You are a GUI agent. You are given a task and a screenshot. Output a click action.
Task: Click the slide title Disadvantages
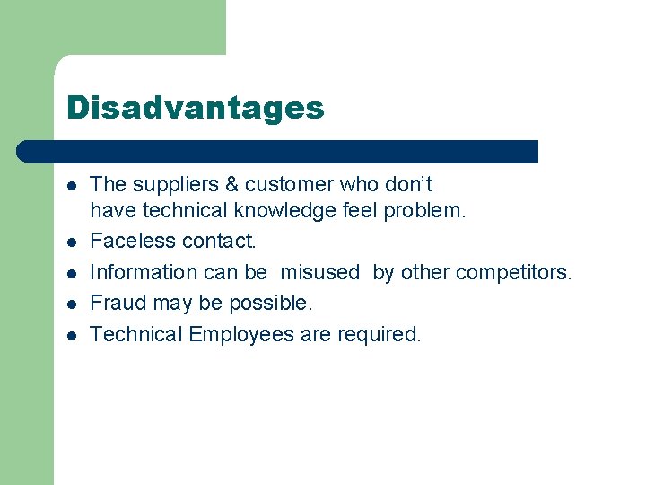(195, 109)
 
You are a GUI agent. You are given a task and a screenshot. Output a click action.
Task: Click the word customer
(289, 185)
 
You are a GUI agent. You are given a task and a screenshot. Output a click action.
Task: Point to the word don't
(409, 185)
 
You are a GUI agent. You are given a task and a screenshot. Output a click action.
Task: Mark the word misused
(319, 272)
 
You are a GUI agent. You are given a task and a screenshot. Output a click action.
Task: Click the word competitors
(516, 272)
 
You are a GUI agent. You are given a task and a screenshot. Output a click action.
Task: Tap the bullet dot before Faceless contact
(72, 242)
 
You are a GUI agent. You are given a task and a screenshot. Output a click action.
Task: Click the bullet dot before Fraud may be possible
(72, 304)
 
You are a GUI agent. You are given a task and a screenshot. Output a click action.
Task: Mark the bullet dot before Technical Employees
(72, 336)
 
